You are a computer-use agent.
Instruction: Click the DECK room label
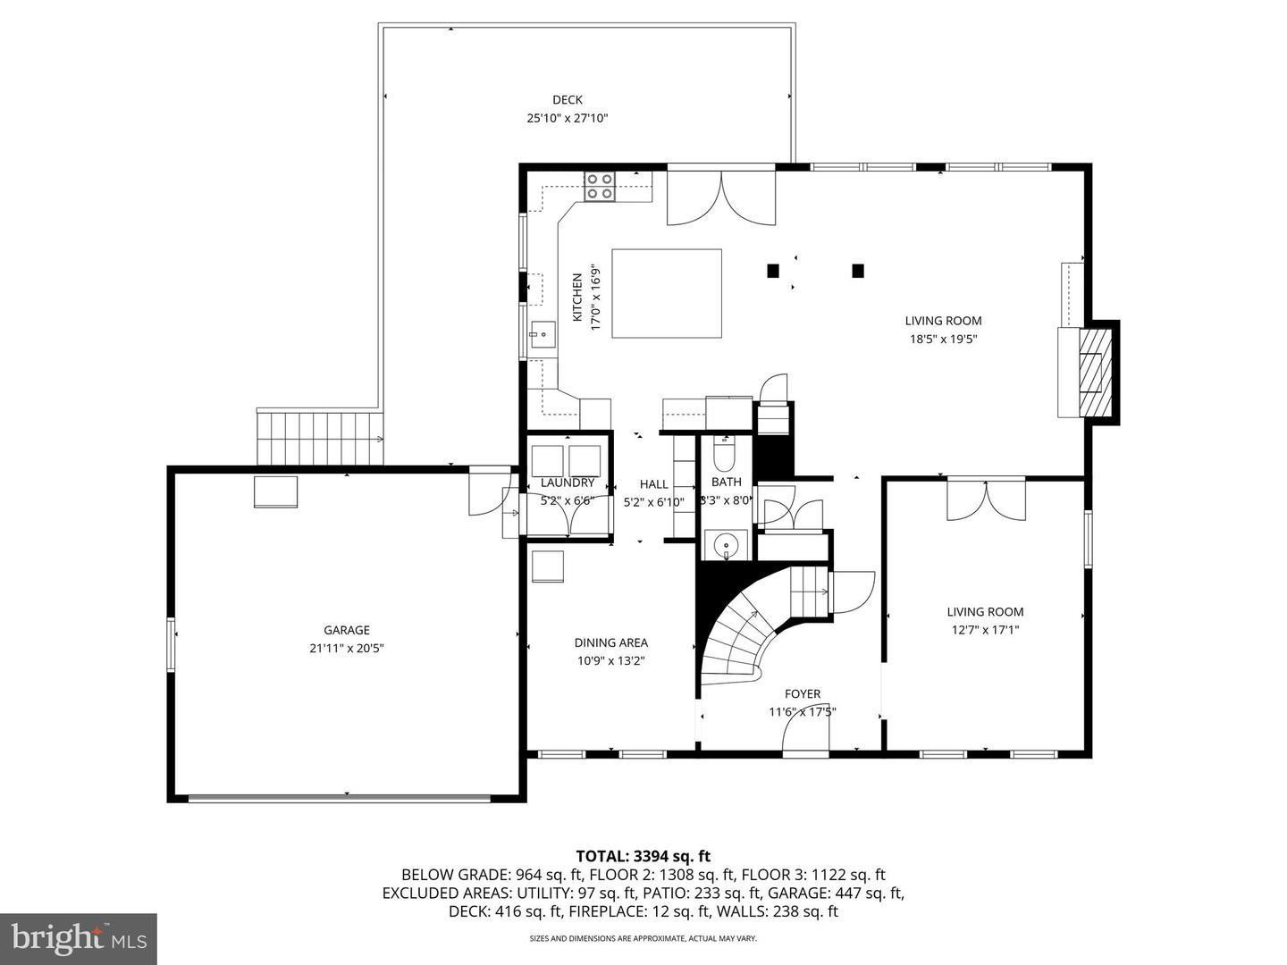click(567, 100)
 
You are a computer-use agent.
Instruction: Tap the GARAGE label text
click(347, 630)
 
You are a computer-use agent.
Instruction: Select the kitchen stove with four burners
click(599, 186)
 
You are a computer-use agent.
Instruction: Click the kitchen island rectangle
click(666, 293)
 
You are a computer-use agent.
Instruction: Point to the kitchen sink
click(542, 335)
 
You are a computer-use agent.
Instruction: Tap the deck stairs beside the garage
click(319, 438)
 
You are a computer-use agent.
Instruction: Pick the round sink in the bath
click(726, 543)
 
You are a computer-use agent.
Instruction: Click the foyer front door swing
click(806, 736)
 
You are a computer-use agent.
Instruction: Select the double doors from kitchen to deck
click(721, 197)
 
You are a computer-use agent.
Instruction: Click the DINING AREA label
click(610, 642)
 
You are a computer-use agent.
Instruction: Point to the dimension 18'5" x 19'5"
click(943, 339)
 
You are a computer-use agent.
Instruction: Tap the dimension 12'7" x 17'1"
click(985, 629)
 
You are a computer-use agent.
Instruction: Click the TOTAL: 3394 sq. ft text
click(643, 856)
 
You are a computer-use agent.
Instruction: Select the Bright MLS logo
click(79, 938)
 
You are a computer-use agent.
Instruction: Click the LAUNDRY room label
click(567, 482)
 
